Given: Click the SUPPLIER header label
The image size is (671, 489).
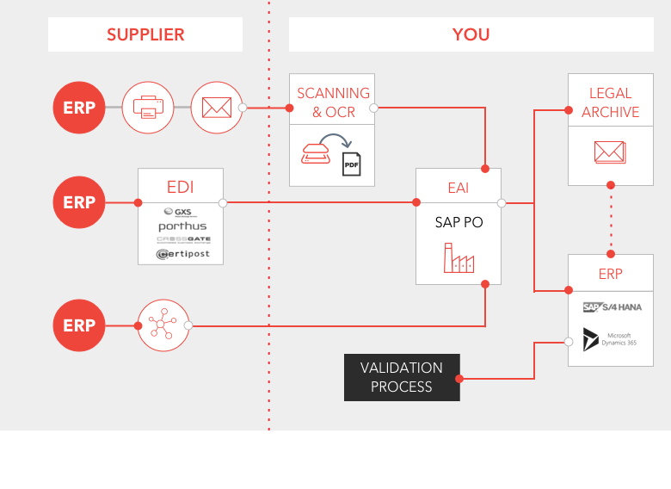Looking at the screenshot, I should (x=145, y=35).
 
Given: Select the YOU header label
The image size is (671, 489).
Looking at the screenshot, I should (x=471, y=35).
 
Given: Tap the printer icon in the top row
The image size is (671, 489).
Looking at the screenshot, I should (x=148, y=108).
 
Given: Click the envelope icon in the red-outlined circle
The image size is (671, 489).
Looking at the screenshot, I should (x=216, y=108).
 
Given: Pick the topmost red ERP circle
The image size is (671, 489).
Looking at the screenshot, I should (x=79, y=108).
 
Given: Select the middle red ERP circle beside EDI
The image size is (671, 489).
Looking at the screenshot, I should (x=79, y=202).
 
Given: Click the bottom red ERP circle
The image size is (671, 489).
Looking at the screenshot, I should (x=79, y=325).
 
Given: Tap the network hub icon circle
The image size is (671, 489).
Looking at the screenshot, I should (x=163, y=325).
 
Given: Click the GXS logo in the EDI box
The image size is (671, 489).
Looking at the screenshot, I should (x=179, y=212).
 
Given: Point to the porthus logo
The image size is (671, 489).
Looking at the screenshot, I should (x=182, y=226).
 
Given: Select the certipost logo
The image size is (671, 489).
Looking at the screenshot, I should (x=181, y=254).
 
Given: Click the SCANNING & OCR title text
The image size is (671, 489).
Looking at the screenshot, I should (x=333, y=102).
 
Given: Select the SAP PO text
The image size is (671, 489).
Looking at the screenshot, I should (x=459, y=222).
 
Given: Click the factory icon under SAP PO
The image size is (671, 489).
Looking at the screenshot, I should (x=459, y=258).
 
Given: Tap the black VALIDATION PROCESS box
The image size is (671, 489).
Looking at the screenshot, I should (x=402, y=377).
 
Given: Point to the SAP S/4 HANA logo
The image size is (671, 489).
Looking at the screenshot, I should (x=612, y=307).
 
